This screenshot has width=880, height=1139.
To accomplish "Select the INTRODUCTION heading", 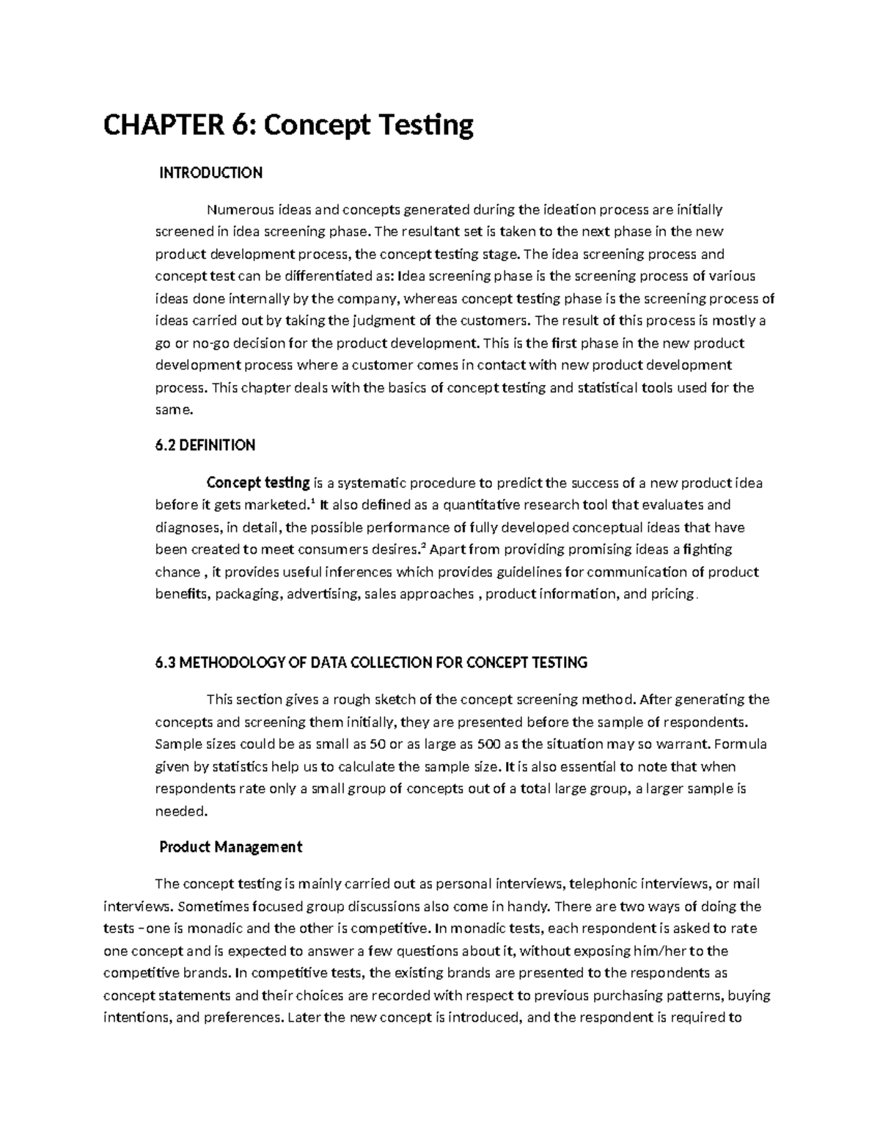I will (210, 173).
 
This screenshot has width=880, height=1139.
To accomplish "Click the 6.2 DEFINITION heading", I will (205, 445).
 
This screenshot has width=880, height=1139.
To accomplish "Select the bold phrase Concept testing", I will (258, 483).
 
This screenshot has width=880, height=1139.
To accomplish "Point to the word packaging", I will (249, 594).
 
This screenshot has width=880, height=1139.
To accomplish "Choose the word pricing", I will (672, 594).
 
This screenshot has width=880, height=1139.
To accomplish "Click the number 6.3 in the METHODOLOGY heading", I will (166, 662).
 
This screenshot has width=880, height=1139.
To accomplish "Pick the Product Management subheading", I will (230, 847).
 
